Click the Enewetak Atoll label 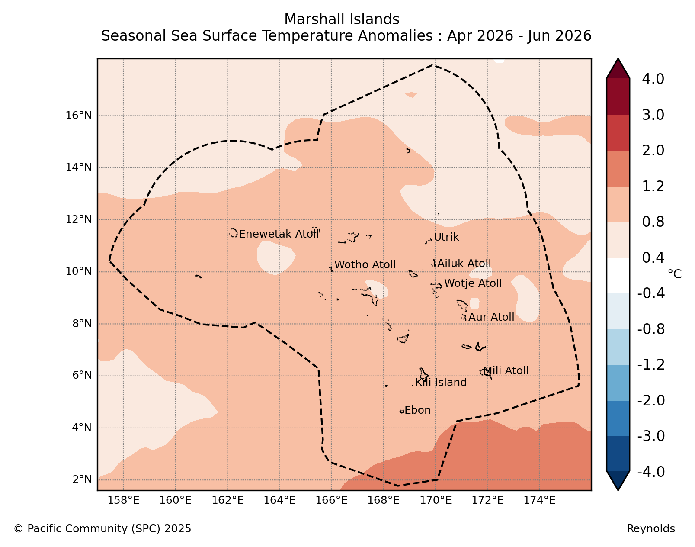279,234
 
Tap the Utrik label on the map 446,237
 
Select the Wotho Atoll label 365,265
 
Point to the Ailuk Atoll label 464,264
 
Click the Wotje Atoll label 473,283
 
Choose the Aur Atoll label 491,317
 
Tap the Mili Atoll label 506,371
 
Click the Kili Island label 441,383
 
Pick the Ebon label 418,410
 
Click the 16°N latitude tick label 79,116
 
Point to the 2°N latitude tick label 82,479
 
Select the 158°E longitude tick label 123,500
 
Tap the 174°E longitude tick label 539,500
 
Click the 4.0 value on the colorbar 653,79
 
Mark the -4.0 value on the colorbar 651,472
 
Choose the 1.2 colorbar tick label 653,186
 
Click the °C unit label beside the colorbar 675,274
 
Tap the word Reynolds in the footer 651,528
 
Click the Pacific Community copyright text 102,528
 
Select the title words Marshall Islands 342,19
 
